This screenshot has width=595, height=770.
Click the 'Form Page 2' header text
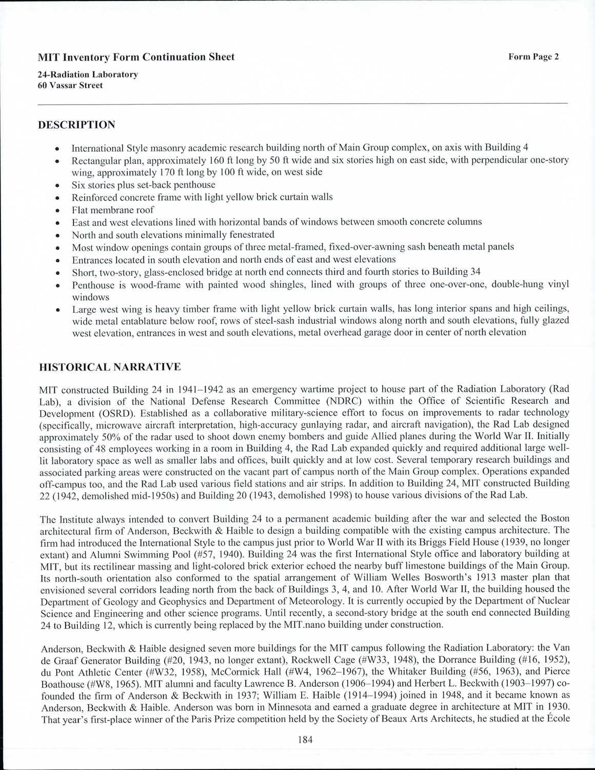(533, 57)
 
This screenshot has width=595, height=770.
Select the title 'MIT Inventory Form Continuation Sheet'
(136, 57)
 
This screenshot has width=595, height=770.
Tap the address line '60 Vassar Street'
(70, 85)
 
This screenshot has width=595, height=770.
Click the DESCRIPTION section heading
(76, 125)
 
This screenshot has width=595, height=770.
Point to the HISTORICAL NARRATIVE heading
(110, 367)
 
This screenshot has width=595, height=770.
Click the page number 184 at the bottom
(305, 740)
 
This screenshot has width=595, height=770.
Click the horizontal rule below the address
(303, 104)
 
